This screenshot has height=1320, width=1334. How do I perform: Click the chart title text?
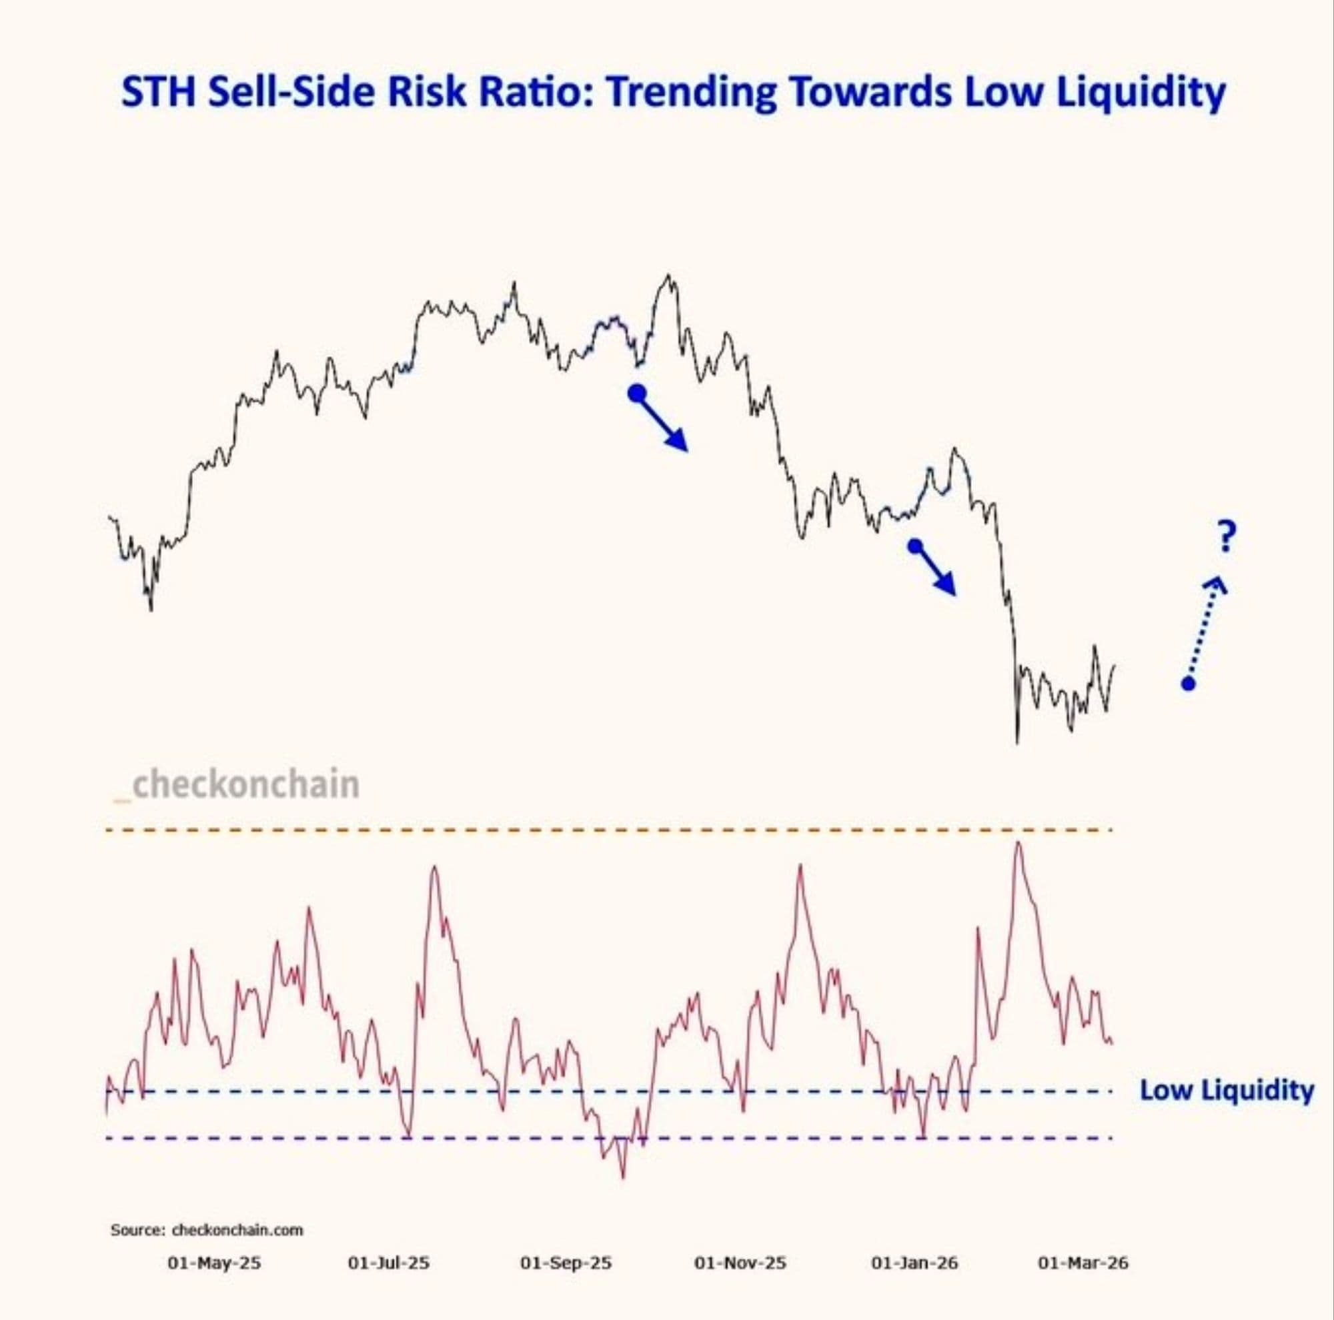[673, 92]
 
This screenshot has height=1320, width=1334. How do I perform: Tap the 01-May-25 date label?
[214, 1263]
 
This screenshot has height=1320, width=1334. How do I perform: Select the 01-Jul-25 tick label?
[389, 1263]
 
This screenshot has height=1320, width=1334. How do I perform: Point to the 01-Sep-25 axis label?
[566, 1263]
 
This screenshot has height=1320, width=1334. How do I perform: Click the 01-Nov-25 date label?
[740, 1263]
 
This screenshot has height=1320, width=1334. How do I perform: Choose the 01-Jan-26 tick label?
[915, 1263]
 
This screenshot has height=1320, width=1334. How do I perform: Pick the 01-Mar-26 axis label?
[1083, 1263]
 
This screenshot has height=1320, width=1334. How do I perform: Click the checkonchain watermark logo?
[237, 785]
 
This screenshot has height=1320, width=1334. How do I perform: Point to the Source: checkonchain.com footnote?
[207, 1229]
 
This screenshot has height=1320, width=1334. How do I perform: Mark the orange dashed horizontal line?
[608, 830]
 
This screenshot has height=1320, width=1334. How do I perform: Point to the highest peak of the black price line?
[668, 277]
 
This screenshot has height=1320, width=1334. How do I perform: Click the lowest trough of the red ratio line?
[624, 1177]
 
